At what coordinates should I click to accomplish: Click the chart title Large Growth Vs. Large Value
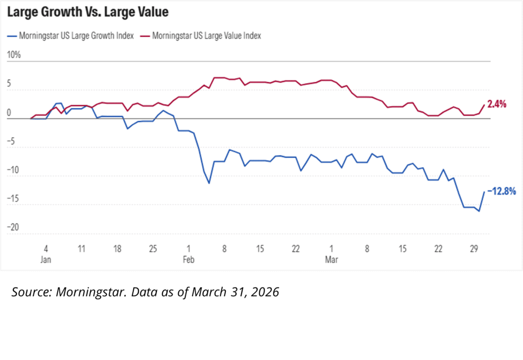click(87, 11)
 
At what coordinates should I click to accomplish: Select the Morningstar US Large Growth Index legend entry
click(76, 36)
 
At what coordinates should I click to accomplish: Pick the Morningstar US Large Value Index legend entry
click(207, 36)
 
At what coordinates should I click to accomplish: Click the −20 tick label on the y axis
click(14, 227)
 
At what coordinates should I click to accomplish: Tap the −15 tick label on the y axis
click(14, 199)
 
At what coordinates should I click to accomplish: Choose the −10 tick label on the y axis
click(14, 171)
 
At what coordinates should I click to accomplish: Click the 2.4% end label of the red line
click(496, 104)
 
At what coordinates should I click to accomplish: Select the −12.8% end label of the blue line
click(501, 191)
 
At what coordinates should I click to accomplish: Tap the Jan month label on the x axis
click(46, 259)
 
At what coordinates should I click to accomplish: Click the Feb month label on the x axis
click(189, 259)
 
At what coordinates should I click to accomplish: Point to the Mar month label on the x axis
click(332, 259)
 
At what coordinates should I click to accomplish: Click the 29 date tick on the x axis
click(474, 249)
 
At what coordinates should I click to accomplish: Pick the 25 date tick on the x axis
click(153, 249)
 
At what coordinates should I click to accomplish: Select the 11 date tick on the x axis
click(82, 249)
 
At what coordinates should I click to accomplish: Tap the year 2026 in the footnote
click(266, 293)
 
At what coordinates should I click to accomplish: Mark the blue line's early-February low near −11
click(209, 183)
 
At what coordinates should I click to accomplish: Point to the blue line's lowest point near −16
click(479, 211)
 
